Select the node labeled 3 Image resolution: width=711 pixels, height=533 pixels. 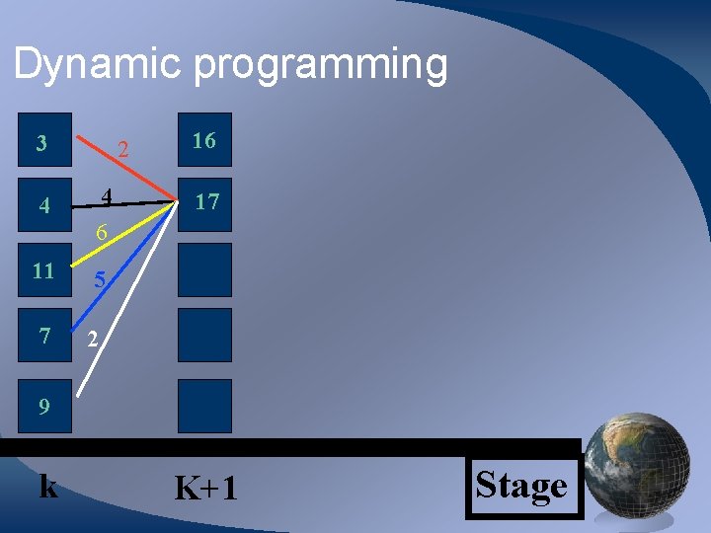[40, 143]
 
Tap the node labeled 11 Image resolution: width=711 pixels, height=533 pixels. [43, 271]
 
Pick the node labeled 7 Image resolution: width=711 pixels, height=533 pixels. [43, 336]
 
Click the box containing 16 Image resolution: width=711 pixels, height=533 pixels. [204, 140]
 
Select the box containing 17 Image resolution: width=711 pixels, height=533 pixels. [204, 203]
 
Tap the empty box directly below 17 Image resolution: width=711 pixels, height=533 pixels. [204, 269]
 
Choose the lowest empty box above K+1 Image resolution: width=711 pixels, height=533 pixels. [204, 406]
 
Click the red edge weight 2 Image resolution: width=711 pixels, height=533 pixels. [123, 151]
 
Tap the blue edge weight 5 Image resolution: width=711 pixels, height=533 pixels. [100, 280]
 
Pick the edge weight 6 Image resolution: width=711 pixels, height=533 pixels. [101, 234]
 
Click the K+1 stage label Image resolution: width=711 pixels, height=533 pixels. [205, 488]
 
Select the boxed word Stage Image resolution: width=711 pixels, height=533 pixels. [522, 486]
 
